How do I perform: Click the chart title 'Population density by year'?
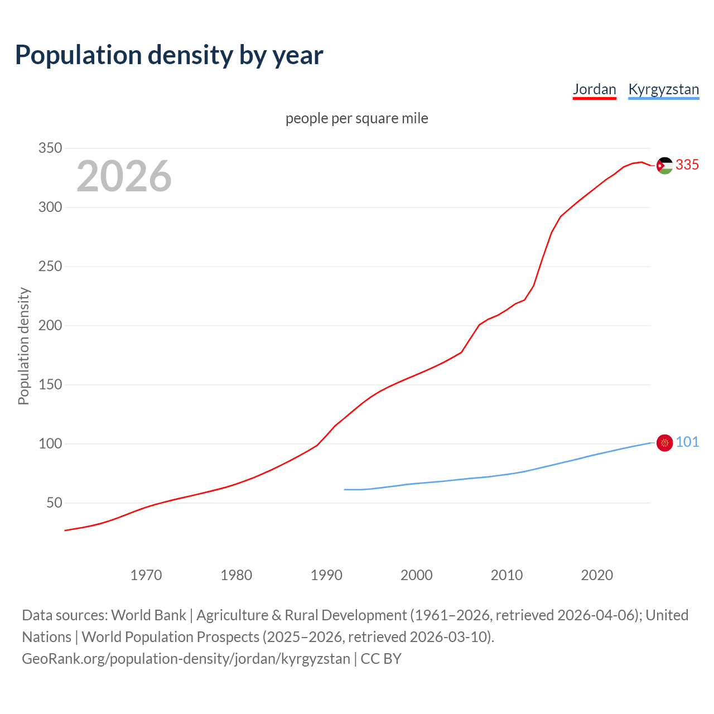click(169, 55)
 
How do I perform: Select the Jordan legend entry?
click(594, 89)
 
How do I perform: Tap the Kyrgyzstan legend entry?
click(663, 89)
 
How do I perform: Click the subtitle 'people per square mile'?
click(356, 118)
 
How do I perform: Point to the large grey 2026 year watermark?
click(124, 176)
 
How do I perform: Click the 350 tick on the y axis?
click(50, 148)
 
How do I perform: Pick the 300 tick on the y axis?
click(50, 207)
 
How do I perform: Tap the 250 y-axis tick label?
click(50, 266)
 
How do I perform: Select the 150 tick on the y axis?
click(50, 384)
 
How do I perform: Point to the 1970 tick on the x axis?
click(146, 575)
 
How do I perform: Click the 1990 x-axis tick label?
click(326, 575)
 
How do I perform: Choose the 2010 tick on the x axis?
click(506, 575)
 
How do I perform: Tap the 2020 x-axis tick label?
click(597, 575)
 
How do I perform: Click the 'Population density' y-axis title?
click(23, 346)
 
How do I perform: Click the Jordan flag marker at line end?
click(664, 166)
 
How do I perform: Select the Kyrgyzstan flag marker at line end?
click(664, 443)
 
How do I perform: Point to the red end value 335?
click(687, 165)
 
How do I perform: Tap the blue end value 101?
click(687, 442)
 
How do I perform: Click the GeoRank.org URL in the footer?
click(186, 658)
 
